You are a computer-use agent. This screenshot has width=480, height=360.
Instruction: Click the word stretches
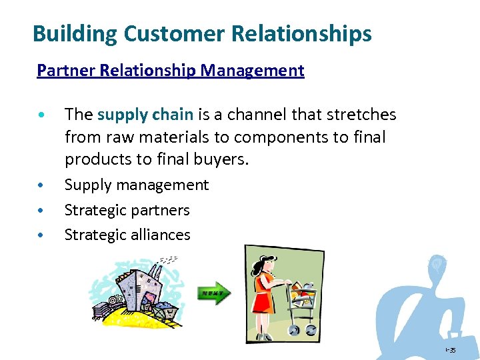tap(360, 115)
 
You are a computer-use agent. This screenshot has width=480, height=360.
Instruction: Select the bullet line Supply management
tap(136, 185)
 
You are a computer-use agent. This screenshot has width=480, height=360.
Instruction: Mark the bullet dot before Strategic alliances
tap(41, 235)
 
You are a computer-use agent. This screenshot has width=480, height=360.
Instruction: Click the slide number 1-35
tap(451, 350)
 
